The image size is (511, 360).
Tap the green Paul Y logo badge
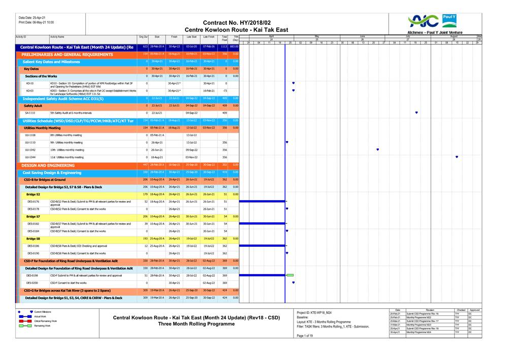coord(449,20)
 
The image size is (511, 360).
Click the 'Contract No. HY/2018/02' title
coord(237,23)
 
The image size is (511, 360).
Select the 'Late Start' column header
coord(191,37)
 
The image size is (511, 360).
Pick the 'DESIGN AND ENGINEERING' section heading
coord(48,166)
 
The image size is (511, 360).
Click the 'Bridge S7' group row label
coord(34,217)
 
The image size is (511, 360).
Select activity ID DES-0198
coord(33,275)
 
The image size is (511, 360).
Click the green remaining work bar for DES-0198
coord(290,275)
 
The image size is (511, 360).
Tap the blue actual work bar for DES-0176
coord(262,202)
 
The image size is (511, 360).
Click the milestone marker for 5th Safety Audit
coord(417,113)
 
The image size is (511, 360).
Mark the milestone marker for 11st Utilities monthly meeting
coord(457,157)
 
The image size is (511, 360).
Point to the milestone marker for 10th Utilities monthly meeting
coord(377,150)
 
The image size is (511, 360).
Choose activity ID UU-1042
coord(30,150)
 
